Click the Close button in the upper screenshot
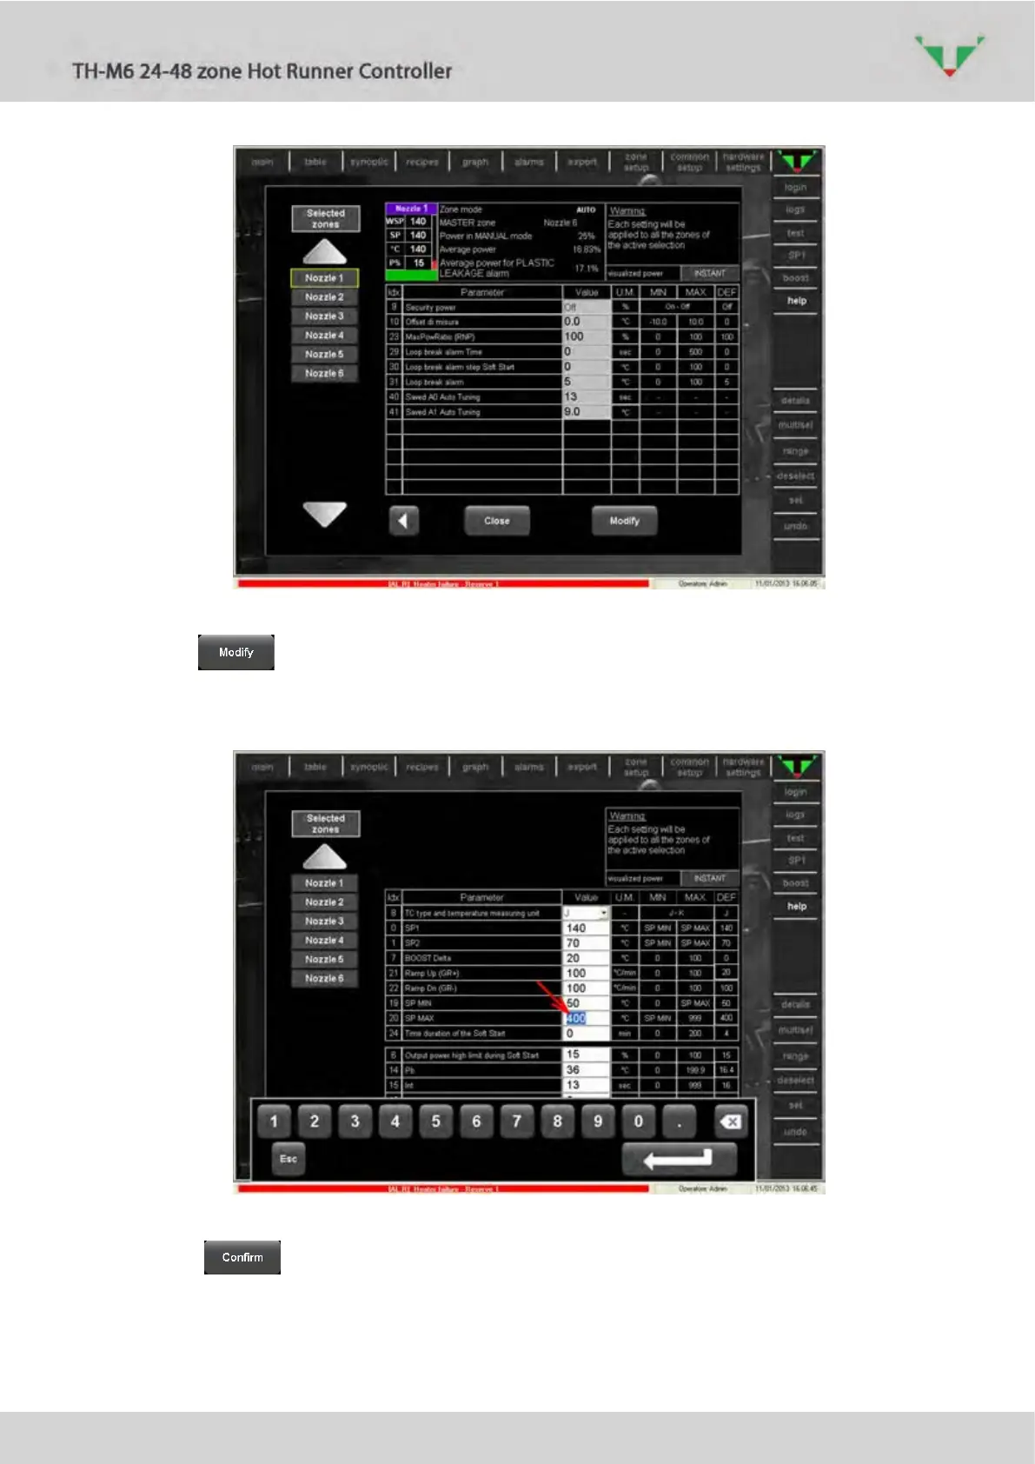[496, 521]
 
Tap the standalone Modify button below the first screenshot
[236, 652]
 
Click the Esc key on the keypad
[289, 1159]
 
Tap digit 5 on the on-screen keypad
[435, 1121]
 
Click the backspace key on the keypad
[731, 1121]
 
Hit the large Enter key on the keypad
[679, 1159]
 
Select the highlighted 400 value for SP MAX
[576, 1018]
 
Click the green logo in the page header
[950, 55]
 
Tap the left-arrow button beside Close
[403, 521]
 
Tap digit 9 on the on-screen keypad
[598, 1121]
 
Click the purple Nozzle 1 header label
[410, 209]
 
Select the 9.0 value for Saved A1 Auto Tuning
[573, 412]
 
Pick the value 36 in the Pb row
[573, 1070]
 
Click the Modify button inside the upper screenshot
[624, 521]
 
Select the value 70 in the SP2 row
[573, 943]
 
